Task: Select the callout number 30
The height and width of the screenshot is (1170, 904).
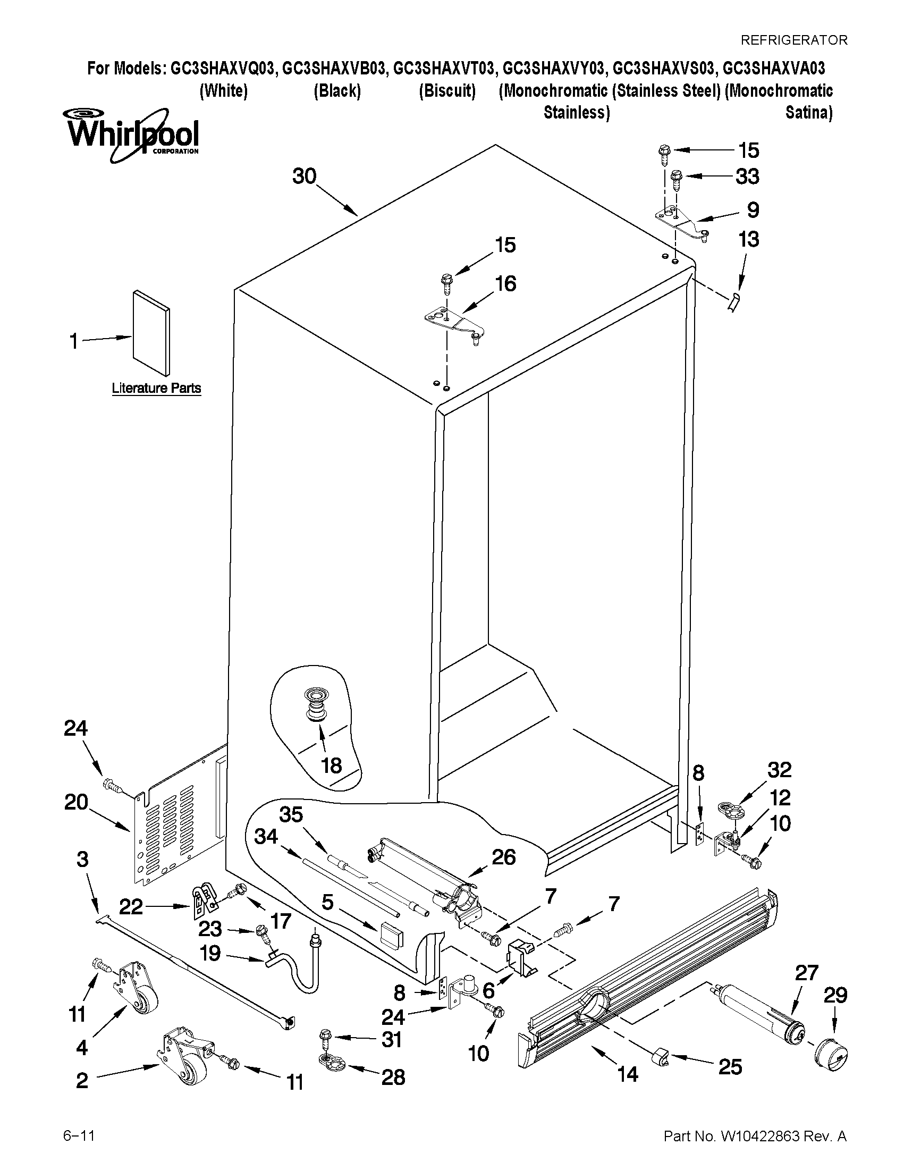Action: coord(304,176)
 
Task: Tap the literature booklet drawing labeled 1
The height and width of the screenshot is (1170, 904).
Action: coord(151,333)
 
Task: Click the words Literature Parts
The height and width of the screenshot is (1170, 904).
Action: coord(156,388)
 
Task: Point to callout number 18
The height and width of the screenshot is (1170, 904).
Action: coord(332,765)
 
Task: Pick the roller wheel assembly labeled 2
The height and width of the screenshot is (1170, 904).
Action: coord(185,1058)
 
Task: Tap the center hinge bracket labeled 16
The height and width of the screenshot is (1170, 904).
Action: coord(453,322)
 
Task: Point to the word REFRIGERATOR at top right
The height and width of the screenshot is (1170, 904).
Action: coord(793,40)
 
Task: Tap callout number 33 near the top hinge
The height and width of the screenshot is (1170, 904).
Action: coord(747,177)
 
